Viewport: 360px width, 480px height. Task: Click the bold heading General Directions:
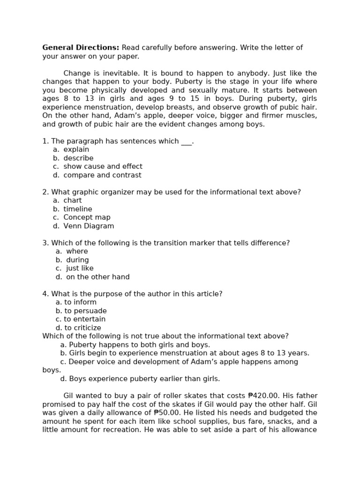(81, 48)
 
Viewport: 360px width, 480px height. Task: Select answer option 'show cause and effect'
(103, 166)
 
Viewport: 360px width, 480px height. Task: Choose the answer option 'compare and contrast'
(102, 175)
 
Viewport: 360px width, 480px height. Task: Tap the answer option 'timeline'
(78, 209)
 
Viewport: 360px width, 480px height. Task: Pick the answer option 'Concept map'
(87, 217)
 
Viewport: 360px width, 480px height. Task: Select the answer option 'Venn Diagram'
(89, 226)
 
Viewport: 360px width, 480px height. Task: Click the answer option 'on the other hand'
(97, 277)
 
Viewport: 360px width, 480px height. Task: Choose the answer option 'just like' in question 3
(80, 269)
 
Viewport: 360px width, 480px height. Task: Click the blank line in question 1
(186, 141)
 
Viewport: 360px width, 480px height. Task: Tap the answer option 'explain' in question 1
(76, 150)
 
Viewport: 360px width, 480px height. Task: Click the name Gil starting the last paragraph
(69, 396)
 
